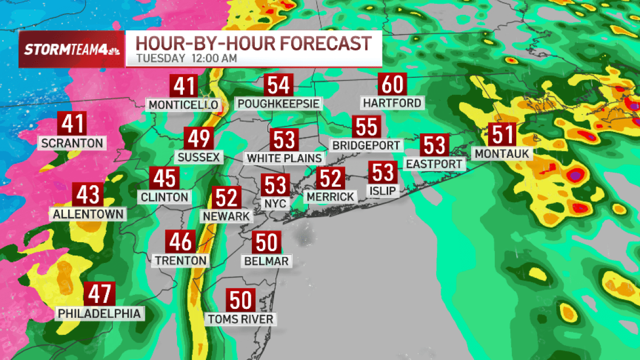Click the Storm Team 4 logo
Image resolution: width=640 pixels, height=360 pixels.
pos(71,50)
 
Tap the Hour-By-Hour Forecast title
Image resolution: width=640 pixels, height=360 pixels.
pos(253,43)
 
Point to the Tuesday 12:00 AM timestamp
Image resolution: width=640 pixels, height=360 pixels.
pos(186,59)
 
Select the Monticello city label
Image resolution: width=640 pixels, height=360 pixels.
pos(183,105)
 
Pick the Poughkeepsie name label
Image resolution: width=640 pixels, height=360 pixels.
pos(279,103)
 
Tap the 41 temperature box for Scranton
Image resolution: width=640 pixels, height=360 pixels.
pos(73,124)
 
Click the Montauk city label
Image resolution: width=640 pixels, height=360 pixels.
pos(503,154)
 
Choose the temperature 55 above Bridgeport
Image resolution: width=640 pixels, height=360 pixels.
pos(367,128)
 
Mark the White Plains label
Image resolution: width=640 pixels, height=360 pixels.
pos(284,158)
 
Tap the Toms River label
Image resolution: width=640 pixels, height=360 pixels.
pos(241,319)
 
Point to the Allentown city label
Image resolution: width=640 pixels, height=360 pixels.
pos(89,214)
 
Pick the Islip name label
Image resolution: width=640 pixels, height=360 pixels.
pos(382,190)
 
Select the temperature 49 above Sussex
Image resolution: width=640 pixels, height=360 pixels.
pos(198,139)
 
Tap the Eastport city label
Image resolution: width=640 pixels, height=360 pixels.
pos(435,164)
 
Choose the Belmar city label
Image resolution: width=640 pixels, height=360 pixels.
pos(267,261)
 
